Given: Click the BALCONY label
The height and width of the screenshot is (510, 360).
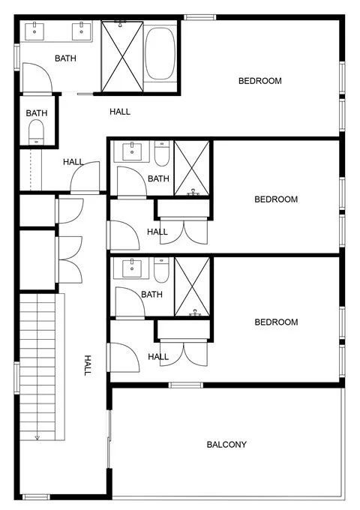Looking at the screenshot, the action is [x=226, y=444].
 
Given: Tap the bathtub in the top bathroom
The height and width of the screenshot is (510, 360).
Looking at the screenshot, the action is [x=160, y=53].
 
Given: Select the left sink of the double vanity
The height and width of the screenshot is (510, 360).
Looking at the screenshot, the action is [x=34, y=31].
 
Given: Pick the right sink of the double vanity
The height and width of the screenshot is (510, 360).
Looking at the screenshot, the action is [x=81, y=31].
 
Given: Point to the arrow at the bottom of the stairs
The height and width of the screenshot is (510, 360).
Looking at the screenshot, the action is [x=37, y=438].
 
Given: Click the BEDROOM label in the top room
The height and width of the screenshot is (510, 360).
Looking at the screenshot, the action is [x=259, y=81].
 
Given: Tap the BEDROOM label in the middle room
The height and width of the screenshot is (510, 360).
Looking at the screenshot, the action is [x=276, y=199].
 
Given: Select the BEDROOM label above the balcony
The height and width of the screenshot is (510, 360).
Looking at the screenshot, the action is [x=276, y=322].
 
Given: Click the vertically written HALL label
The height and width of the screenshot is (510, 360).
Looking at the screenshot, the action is [x=88, y=365].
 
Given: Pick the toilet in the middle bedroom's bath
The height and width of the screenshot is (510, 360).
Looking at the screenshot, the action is [x=162, y=153].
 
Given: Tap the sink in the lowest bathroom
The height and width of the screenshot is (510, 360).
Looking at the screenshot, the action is [x=132, y=268].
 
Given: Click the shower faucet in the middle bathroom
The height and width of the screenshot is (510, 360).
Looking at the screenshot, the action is [x=193, y=192].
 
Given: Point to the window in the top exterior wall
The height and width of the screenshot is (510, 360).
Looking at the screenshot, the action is [x=199, y=17].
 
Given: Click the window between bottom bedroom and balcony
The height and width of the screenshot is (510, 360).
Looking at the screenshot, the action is [x=186, y=385].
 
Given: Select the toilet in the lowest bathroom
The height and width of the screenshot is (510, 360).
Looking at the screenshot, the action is [x=161, y=270].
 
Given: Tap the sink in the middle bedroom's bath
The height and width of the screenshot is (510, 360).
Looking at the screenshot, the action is [x=132, y=151].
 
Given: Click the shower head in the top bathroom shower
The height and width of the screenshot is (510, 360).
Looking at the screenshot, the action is [x=120, y=23].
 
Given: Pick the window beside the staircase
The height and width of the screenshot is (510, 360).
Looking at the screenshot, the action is [x=17, y=377].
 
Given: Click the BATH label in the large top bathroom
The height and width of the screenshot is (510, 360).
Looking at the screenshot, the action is [x=65, y=58].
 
